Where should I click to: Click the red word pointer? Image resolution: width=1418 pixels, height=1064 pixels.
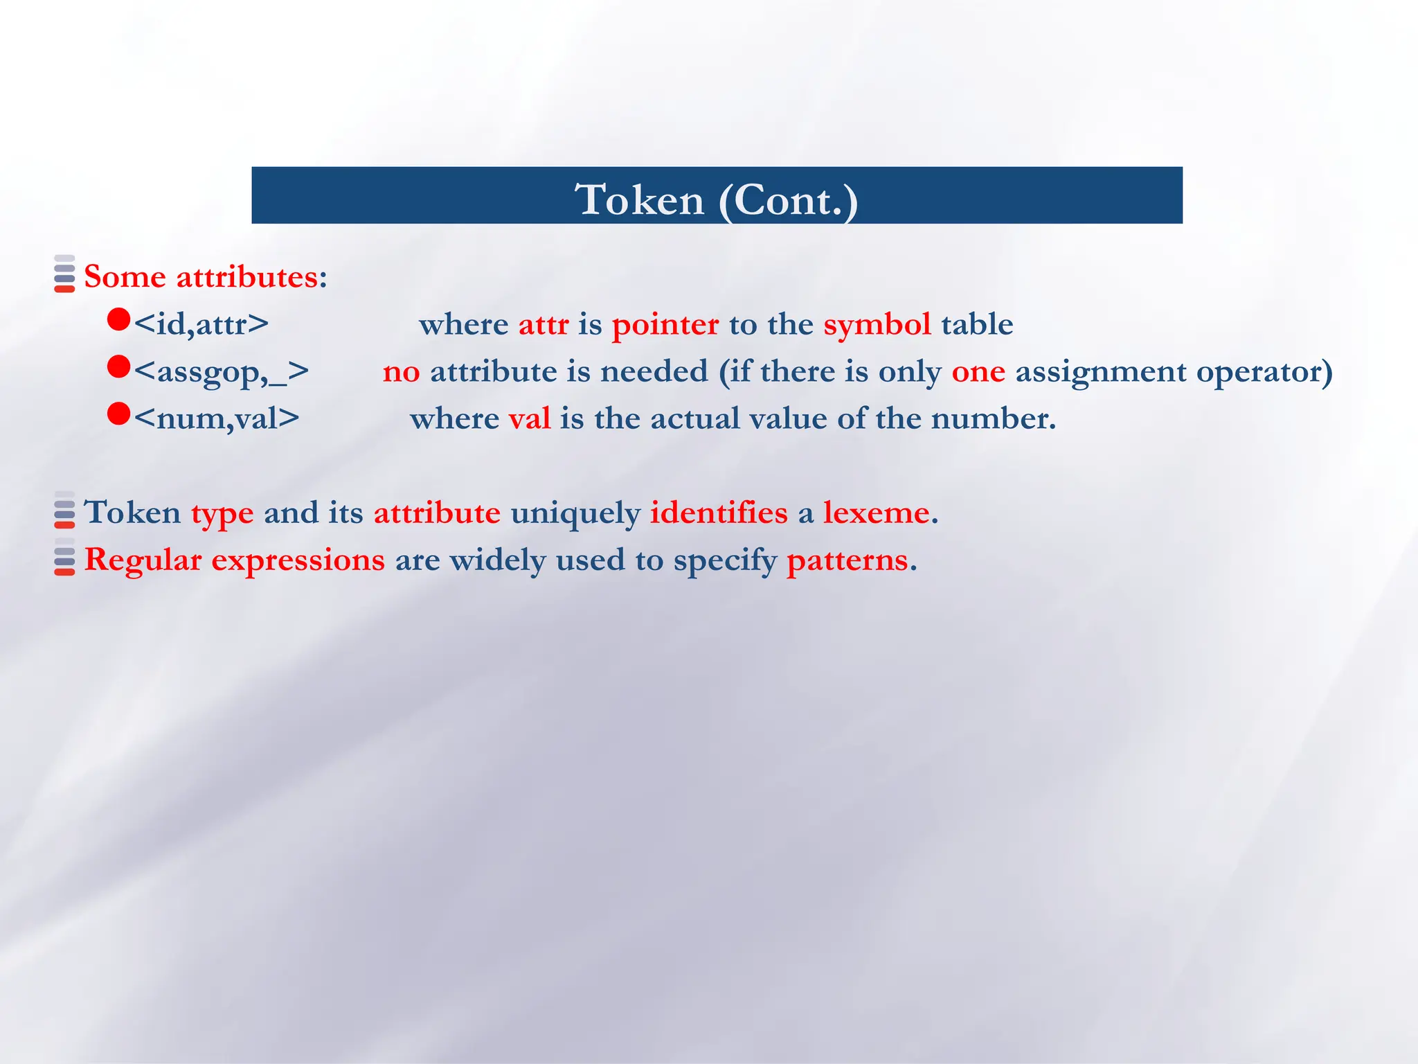click(665, 325)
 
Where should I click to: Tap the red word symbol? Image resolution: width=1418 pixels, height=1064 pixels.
click(877, 325)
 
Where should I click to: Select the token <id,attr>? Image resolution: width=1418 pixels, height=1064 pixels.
click(201, 324)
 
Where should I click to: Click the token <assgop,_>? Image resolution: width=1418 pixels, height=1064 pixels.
click(221, 372)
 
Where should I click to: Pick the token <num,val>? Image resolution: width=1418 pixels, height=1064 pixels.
click(216, 418)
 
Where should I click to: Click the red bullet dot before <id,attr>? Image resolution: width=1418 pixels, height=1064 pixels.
click(119, 319)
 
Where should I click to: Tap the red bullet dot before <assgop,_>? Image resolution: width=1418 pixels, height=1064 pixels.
click(119, 366)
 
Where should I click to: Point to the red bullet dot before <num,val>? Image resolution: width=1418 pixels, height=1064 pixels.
click(119, 414)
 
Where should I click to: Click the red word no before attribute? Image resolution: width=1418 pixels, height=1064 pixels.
click(401, 372)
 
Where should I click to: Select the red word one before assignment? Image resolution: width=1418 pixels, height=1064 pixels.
click(978, 372)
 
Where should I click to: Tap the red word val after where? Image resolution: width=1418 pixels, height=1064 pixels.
click(530, 418)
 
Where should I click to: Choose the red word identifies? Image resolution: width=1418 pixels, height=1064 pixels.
click(718, 513)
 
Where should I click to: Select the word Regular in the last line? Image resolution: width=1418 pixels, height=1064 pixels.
click(143, 560)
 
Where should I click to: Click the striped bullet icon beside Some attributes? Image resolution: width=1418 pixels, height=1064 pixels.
click(64, 274)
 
